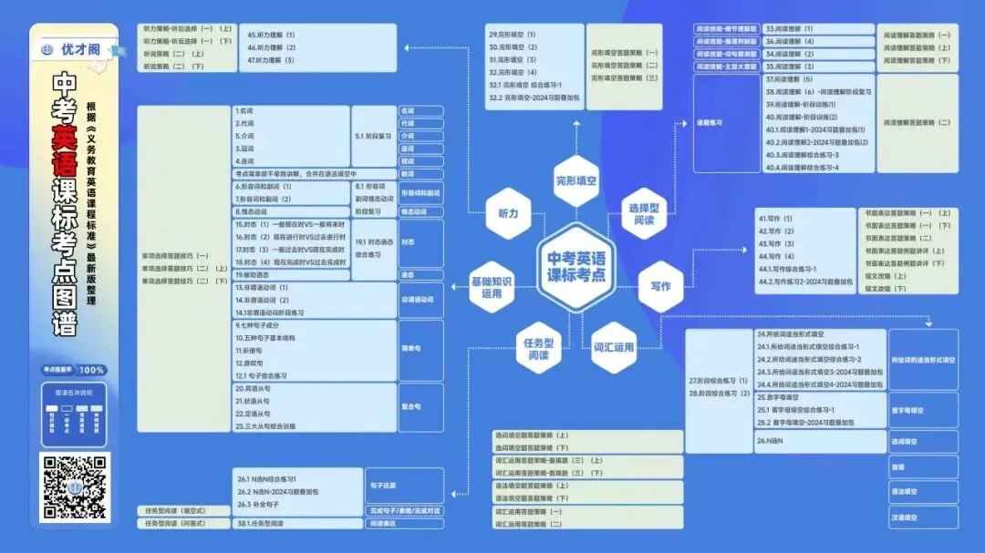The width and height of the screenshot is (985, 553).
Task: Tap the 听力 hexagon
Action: tap(508, 212)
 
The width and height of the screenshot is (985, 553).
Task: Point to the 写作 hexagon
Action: tap(660, 285)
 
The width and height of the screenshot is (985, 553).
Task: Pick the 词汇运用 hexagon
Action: tap(612, 347)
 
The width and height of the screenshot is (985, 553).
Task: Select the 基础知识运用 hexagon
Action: tap(493, 287)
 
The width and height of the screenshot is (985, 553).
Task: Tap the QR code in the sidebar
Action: tap(76, 486)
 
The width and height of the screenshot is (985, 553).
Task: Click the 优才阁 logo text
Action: tap(80, 49)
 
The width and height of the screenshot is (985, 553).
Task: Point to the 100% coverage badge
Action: tap(91, 370)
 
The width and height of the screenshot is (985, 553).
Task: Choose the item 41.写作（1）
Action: tap(775, 219)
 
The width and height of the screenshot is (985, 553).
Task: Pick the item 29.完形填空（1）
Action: tap(513, 34)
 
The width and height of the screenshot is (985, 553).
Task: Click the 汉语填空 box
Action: tap(923, 517)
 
